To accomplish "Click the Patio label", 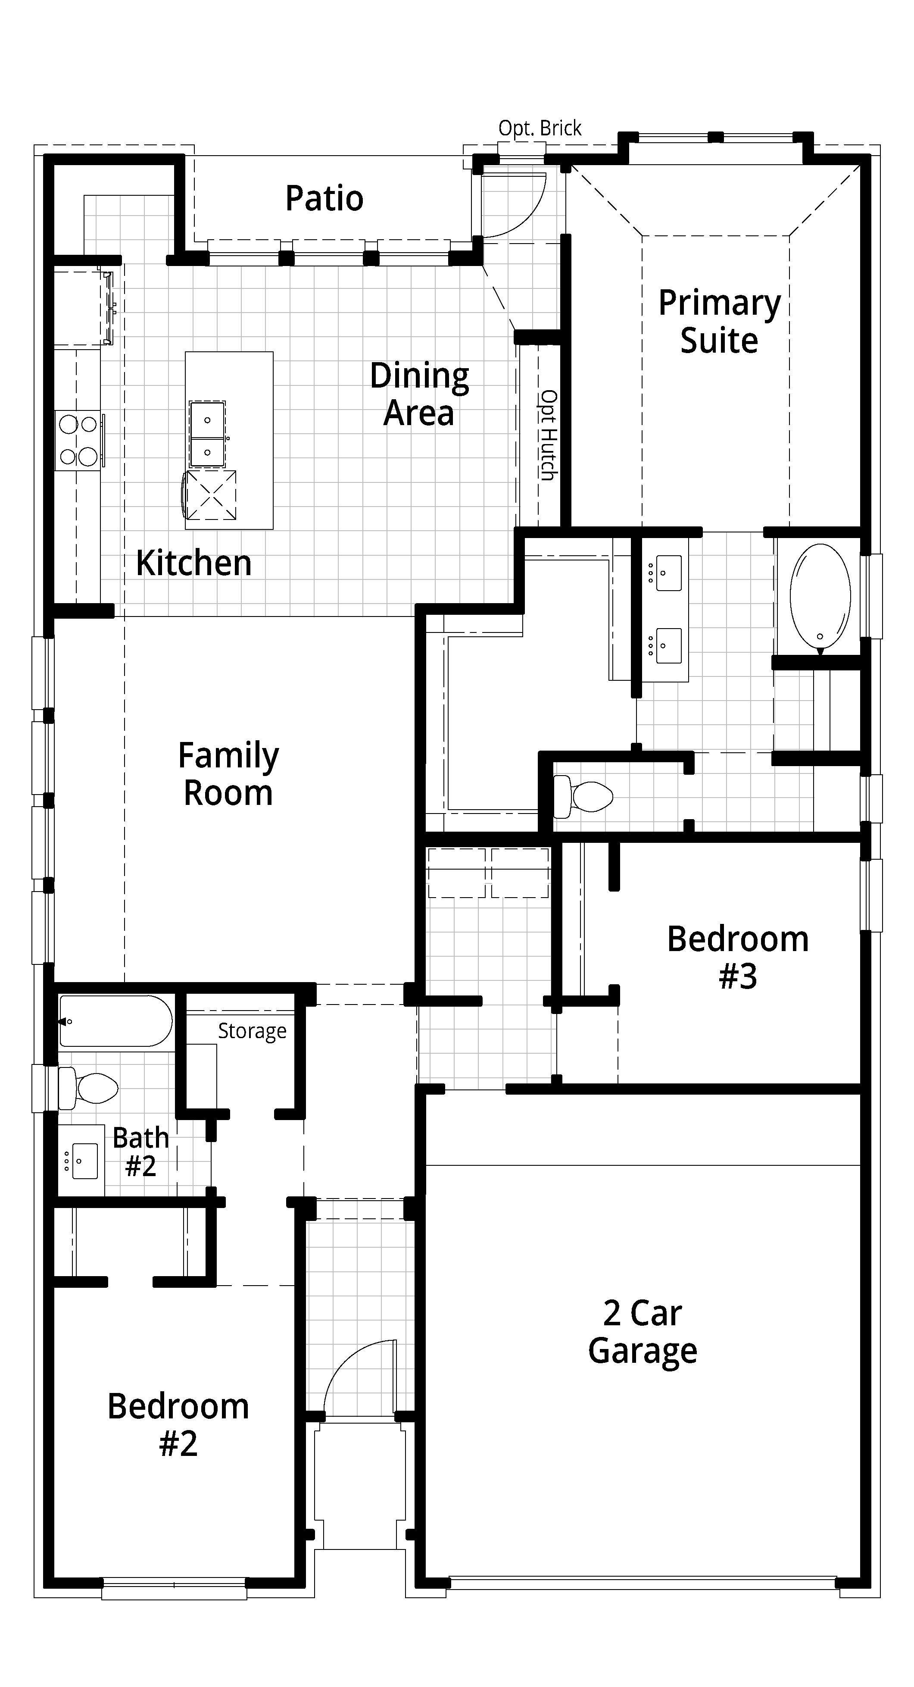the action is (324, 198).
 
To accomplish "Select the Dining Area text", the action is (419, 394).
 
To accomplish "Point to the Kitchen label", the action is (194, 563).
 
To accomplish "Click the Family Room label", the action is (228, 773).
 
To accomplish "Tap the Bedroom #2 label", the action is (178, 1424).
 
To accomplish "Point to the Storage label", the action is (252, 1031).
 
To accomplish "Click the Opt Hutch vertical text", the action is (549, 435).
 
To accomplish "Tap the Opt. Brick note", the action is (540, 128).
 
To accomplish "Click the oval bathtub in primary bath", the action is (820, 597).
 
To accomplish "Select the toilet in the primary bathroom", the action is (583, 796).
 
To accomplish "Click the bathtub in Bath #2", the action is (116, 1021).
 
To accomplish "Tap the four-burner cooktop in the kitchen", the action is (78, 440).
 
